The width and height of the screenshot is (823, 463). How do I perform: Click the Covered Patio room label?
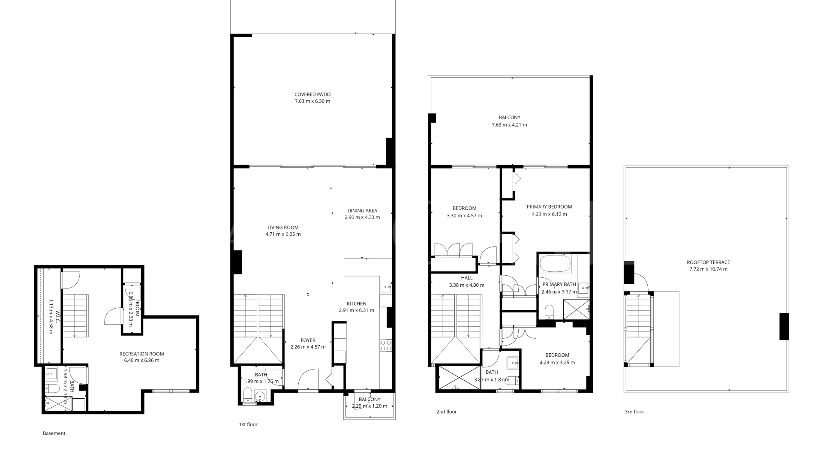click(312, 94)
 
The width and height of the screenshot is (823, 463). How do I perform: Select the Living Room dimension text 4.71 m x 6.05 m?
click(283, 235)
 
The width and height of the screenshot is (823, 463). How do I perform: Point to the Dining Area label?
click(362, 210)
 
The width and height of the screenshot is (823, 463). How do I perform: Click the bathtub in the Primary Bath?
click(555, 264)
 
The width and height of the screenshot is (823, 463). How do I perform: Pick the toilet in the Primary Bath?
click(549, 312)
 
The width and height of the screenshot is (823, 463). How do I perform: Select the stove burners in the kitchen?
click(386, 346)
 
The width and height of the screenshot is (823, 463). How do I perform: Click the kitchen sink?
click(386, 286)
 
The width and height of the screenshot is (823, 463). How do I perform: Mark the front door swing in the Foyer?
click(308, 379)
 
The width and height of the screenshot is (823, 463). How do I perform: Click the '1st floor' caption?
click(248, 424)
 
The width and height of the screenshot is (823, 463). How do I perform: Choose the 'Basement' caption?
click(54, 433)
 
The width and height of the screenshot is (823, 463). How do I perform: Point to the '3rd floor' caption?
click(634, 412)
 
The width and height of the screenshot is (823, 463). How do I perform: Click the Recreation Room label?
click(141, 354)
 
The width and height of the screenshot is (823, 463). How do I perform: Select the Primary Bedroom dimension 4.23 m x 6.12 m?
click(549, 214)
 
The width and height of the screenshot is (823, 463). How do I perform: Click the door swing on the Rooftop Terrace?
click(642, 282)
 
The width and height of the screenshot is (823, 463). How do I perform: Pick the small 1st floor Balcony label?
click(369, 400)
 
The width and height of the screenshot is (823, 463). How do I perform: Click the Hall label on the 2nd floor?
click(467, 278)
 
